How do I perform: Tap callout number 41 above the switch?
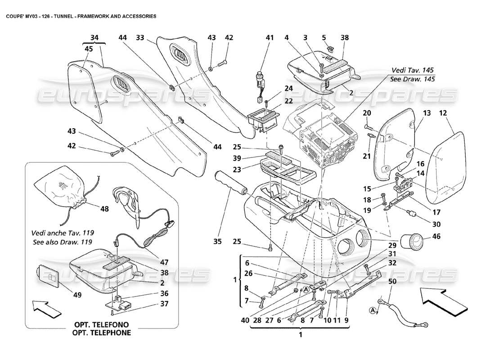270,38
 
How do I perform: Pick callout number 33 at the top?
140,38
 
